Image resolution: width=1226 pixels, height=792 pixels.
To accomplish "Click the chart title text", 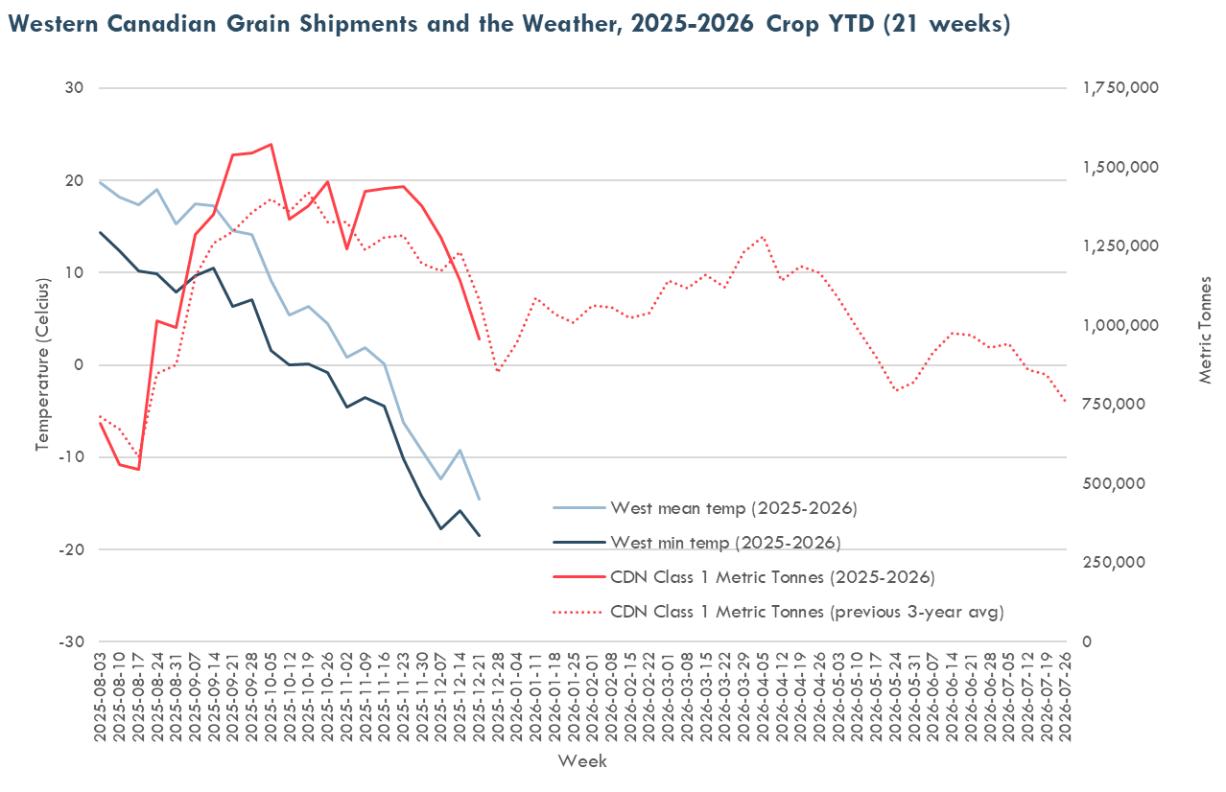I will [506, 24].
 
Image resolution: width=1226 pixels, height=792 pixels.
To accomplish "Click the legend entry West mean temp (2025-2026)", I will [733, 507].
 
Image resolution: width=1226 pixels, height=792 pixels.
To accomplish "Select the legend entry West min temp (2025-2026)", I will [725, 543].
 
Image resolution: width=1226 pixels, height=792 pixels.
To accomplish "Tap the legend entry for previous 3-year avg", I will [807, 612].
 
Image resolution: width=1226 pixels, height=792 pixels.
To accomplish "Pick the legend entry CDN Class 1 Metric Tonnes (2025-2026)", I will [772, 577].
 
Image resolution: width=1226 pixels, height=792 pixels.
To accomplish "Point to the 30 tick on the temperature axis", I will [75, 88].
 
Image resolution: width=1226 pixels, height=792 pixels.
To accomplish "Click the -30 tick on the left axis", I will [72, 641].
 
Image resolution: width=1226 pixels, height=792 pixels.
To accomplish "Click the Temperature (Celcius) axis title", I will [42, 365].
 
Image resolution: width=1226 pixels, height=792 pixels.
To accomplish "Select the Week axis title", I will [582, 761].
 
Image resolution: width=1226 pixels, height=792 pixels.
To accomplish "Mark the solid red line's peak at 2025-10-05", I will [271, 145].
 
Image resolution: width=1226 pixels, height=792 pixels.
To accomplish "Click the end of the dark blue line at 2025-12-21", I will [479, 535].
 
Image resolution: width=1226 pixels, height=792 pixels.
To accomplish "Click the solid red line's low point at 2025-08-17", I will [138, 470].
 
